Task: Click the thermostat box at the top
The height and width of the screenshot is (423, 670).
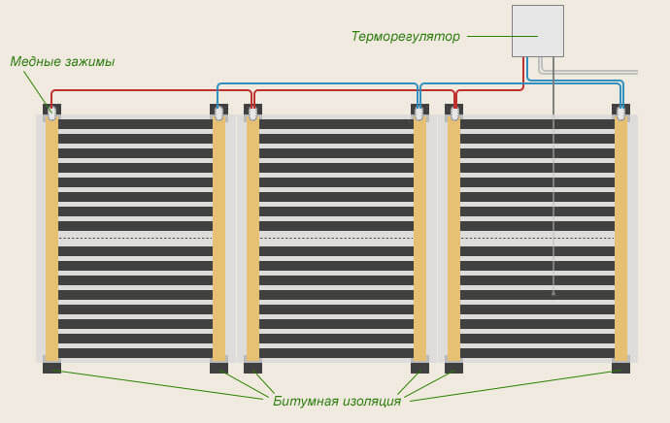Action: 537,30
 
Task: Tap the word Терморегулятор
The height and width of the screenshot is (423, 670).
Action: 405,37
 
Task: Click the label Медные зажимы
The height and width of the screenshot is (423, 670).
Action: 62,62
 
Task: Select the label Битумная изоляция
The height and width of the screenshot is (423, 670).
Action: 337,401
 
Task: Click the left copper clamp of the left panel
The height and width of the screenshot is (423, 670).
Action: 51,113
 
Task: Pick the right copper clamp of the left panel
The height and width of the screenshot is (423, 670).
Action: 219,113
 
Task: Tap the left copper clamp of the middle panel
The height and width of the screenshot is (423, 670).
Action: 252,113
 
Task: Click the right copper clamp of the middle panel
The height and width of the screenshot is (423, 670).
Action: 419,113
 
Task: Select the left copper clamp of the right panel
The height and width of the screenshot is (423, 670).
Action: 453,113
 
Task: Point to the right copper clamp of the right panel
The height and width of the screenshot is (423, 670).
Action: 620,113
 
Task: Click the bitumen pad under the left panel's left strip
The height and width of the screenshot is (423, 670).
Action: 51,368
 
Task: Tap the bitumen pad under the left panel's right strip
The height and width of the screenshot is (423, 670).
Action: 219,368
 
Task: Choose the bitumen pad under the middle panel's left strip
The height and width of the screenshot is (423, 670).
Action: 252,368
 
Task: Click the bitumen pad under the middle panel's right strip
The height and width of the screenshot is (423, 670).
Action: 419,368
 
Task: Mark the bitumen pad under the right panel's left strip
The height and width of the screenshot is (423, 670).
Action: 453,368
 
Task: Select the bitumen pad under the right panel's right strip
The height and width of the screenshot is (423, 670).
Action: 620,368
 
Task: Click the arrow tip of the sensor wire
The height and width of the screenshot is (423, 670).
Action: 553,292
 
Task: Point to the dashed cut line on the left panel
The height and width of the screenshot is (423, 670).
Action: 135,237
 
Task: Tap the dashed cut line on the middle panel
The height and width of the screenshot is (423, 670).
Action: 336,237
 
